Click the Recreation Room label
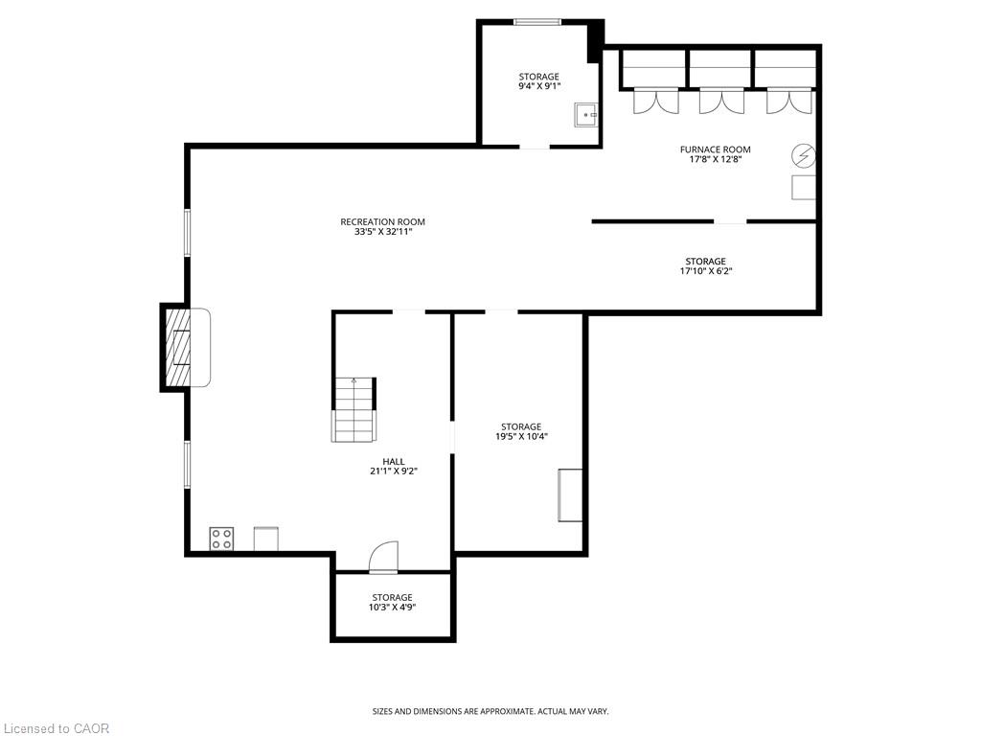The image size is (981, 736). click(x=382, y=221)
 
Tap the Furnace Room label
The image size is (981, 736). click(x=715, y=149)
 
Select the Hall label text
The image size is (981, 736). click(x=394, y=461)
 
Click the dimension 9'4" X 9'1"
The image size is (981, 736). click(x=538, y=86)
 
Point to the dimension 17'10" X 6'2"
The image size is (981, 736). click(x=706, y=271)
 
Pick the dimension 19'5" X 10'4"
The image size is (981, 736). click(x=521, y=437)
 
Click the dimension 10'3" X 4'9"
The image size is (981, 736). click(x=392, y=607)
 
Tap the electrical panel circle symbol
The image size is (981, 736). click(x=804, y=155)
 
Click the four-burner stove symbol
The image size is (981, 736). click(x=221, y=539)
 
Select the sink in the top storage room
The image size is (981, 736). click(x=586, y=115)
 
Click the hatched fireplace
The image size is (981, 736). click(x=178, y=347)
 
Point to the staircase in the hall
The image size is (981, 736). click(x=354, y=410)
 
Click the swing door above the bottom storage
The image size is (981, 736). click(x=383, y=557)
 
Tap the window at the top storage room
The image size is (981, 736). click(x=537, y=22)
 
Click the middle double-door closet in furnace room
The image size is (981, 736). click(x=721, y=101)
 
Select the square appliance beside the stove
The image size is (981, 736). click(x=266, y=539)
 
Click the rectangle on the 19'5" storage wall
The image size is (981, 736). click(x=570, y=495)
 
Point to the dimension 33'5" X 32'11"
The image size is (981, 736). click(x=383, y=232)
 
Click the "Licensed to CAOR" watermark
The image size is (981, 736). click(x=57, y=728)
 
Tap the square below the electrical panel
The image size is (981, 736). click(x=804, y=188)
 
